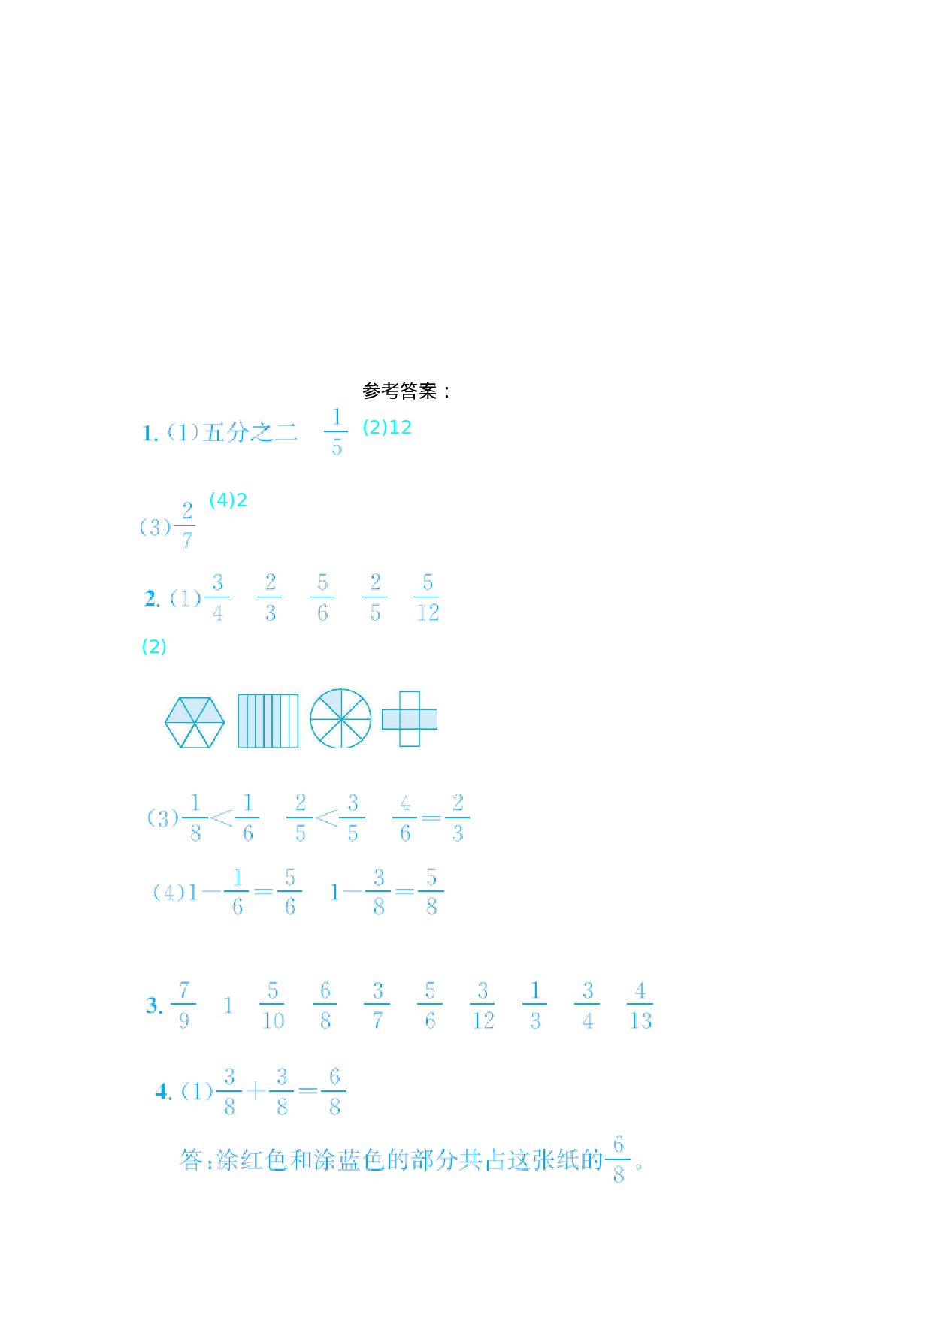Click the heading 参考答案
[406, 391]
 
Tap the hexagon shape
[195, 722]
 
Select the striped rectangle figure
[268, 721]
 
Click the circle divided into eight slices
[340, 718]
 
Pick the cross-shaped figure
[410, 719]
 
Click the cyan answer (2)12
[387, 427]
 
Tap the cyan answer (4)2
[228, 500]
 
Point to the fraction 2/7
[187, 526]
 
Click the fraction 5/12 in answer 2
[428, 598]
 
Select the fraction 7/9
[183, 1005]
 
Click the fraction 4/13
[640, 1005]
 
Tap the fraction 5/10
[273, 1005]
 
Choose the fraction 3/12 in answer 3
[483, 1005]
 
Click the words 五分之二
[249, 432]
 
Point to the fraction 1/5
[336, 432]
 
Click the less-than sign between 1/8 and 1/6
[221, 818]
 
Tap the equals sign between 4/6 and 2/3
[431, 818]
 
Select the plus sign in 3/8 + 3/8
[256, 1091]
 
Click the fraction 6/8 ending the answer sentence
[619, 1160]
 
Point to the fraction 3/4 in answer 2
[217, 598]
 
